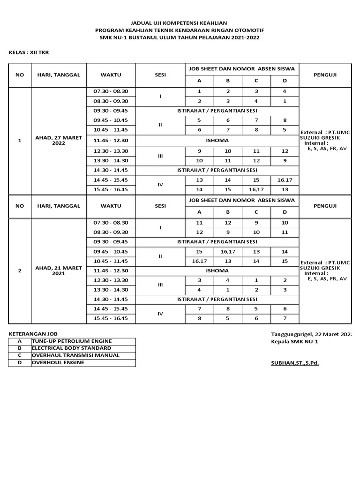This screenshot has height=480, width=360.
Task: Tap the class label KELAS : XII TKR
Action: pyautogui.click(x=29, y=52)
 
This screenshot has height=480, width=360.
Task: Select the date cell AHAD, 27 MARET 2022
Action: pyautogui.click(x=59, y=140)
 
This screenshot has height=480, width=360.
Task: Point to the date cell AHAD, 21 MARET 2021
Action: pyautogui.click(x=59, y=270)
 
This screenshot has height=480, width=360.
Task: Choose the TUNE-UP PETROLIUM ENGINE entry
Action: pyautogui.click(x=72, y=341)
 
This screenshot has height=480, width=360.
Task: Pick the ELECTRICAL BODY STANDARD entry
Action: pyautogui.click(x=71, y=348)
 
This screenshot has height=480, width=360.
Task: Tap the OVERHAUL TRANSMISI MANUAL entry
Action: pyautogui.click(x=75, y=355)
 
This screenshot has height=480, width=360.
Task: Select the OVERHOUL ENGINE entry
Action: pyautogui.click(x=58, y=362)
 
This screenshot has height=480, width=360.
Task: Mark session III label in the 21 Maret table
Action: pyautogui.click(x=160, y=285)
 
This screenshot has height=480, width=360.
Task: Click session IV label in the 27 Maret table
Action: pyautogui.click(x=160, y=185)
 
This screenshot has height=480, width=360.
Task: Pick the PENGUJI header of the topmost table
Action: pyautogui.click(x=325, y=75)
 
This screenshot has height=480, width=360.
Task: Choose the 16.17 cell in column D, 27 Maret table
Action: pyautogui.click(x=285, y=180)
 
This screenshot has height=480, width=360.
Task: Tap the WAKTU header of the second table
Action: pyautogui.click(x=111, y=206)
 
